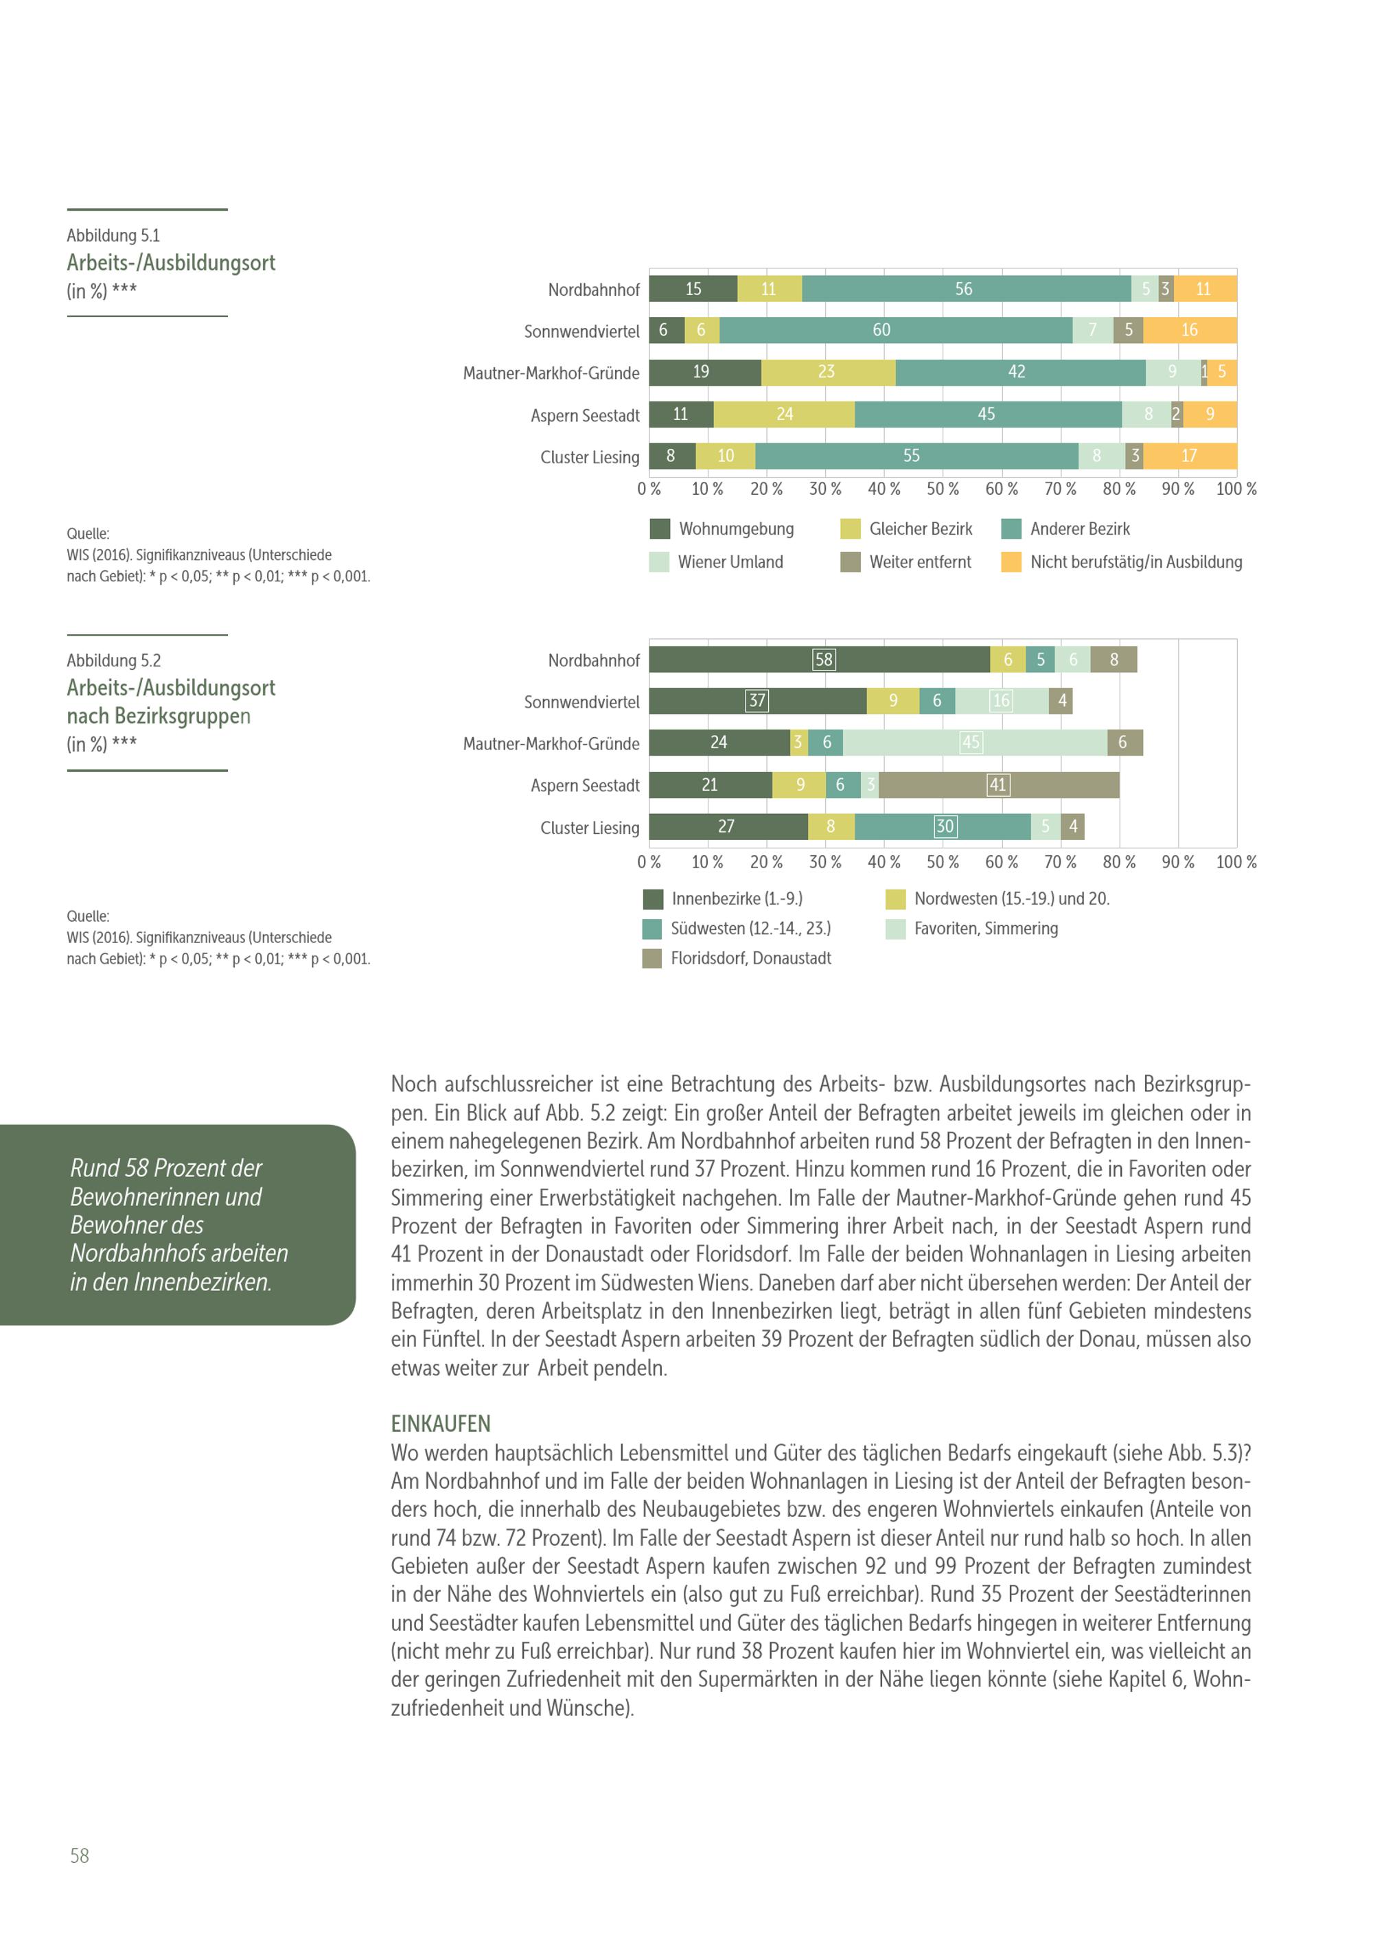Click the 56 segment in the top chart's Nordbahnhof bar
964,289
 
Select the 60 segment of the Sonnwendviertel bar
881,331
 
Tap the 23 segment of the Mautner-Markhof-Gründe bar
826,372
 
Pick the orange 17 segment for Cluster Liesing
1189,456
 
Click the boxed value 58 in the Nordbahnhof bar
824,660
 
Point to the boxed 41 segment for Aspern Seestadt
997,784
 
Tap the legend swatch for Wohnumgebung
660,529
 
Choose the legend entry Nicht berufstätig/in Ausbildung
1135,562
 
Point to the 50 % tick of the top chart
943,489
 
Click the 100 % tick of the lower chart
1236,862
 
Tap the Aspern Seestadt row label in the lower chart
585,785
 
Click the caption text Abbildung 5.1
113,235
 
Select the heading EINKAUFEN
441,1423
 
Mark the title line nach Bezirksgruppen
159,716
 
